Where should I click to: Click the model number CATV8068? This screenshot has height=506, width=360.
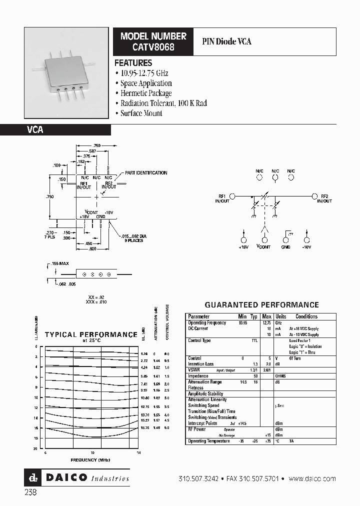pyautogui.click(x=153, y=46)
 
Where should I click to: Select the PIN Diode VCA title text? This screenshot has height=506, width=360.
pyautogui.click(x=226, y=41)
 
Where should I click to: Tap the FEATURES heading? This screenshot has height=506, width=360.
pyautogui.click(x=133, y=63)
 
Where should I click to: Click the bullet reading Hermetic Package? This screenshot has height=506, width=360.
pyautogui.click(x=145, y=93)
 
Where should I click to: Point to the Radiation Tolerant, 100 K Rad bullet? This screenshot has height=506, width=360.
pyautogui.click(x=163, y=103)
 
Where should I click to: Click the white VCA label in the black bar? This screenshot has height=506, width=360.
pyautogui.click(x=35, y=129)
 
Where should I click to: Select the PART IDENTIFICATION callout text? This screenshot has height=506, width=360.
pyautogui.click(x=146, y=172)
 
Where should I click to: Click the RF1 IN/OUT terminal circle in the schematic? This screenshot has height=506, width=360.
pyautogui.click(x=232, y=196)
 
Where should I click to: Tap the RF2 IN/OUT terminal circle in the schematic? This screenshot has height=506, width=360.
pyautogui.click(x=314, y=196)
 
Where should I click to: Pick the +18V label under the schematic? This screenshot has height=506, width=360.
pyautogui.click(x=243, y=246)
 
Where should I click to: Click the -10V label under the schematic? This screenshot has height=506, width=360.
pyautogui.click(x=306, y=246)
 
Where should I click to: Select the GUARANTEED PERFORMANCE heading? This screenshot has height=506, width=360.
pyautogui.click(x=262, y=304)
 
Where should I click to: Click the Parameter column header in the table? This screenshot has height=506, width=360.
pyautogui.click(x=198, y=316)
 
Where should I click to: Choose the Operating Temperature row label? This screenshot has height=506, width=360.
pyautogui.click(x=208, y=441)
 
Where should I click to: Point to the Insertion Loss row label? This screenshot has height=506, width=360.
pyautogui.click(x=200, y=364)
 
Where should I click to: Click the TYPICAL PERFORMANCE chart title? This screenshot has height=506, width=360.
pyautogui.click(x=91, y=334)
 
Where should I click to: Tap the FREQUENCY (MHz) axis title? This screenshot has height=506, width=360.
pyautogui.click(x=90, y=459)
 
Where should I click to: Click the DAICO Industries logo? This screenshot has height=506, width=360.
pyautogui.click(x=77, y=478)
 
